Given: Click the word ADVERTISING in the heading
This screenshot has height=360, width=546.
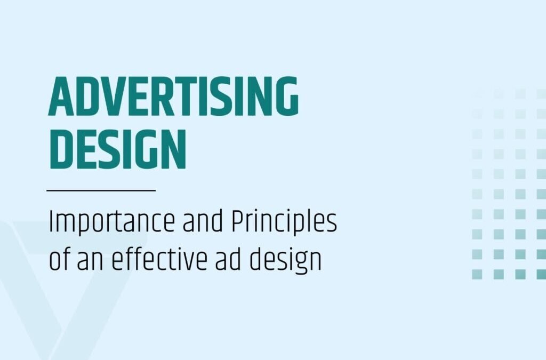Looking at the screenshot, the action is coord(173,96).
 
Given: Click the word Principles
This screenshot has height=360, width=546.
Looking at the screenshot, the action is coord(284,222).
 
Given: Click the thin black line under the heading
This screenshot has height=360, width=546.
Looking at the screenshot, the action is coord(101,190).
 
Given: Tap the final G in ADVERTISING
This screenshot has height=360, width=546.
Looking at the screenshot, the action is coord(286,96).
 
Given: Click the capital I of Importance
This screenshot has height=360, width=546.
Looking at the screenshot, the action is coord(51,222).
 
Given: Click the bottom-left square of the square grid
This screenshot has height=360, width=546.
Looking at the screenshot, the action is coord(477,274).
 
